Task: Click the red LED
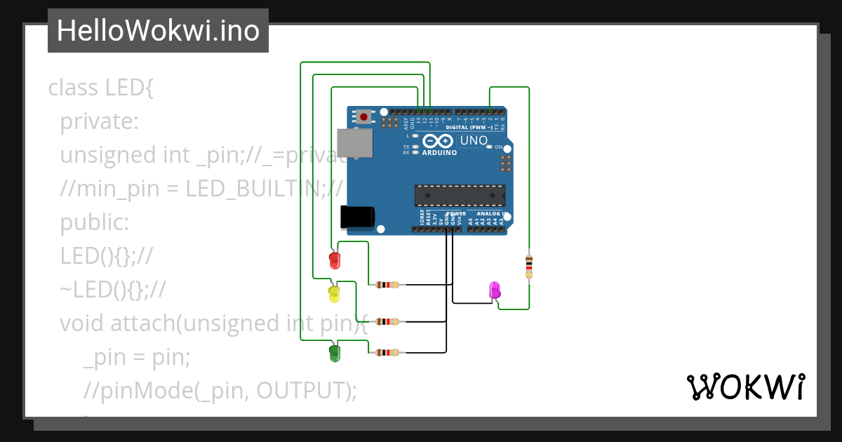coord(335,260)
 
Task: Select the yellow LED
coord(334,293)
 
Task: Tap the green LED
coord(335,353)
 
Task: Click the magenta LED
coord(494,290)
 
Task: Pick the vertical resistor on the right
coord(528,267)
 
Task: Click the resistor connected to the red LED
coord(387,285)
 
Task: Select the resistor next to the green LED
coord(387,352)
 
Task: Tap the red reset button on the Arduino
coord(363,117)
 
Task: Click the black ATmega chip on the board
coord(460,196)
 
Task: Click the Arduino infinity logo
coord(439,141)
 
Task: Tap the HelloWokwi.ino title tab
coord(158,31)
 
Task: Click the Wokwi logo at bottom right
coord(745,387)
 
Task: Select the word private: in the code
coord(99,122)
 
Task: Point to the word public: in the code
coord(94,222)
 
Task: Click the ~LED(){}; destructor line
coord(112,289)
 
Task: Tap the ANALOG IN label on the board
coord(491,213)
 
